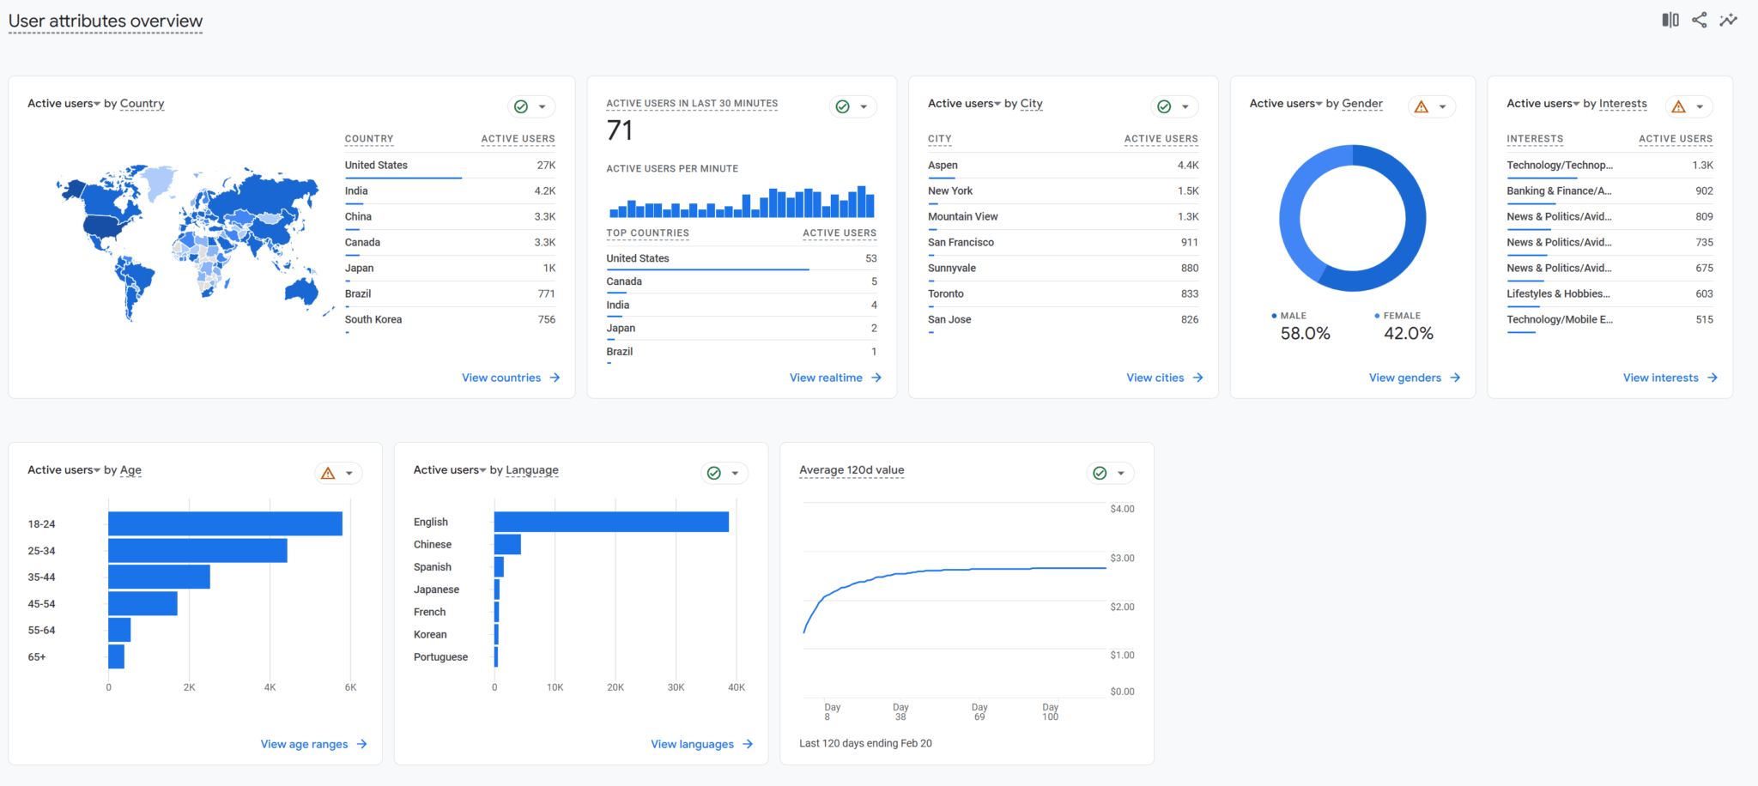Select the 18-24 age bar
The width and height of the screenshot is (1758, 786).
pyautogui.click(x=225, y=523)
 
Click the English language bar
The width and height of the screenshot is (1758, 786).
pyautogui.click(x=611, y=522)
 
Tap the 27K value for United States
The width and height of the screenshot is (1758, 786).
pyautogui.click(x=546, y=165)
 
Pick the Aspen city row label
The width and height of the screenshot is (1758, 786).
pyautogui.click(x=943, y=165)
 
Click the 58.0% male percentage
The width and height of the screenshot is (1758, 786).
pyautogui.click(x=1305, y=334)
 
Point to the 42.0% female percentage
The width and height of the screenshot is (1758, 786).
pyautogui.click(x=1408, y=334)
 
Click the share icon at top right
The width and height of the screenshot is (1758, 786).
pyautogui.click(x=1699, y=20)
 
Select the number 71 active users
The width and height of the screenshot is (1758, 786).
pyautogui.click(x=620, y=130)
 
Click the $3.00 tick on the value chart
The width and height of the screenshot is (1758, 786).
pyautogui.click(x=1122, y=558)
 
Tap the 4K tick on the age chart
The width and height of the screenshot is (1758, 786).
pyautogui.click(x=270, y=687)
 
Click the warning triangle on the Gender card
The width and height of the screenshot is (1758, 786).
pyautogui.click(x=1422, y=106)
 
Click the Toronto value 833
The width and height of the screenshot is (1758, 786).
pyautogui.click(x=1189, y=293)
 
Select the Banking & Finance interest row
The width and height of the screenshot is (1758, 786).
pyautogui.click(x=1559, y=190)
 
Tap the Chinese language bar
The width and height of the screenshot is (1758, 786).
pyautogui.click(x=507, y=544)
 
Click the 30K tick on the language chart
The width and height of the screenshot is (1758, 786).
pyautogui.click(x=676, y=687)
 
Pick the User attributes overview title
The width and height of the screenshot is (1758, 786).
pyautogui.click(x=106, y=21)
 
